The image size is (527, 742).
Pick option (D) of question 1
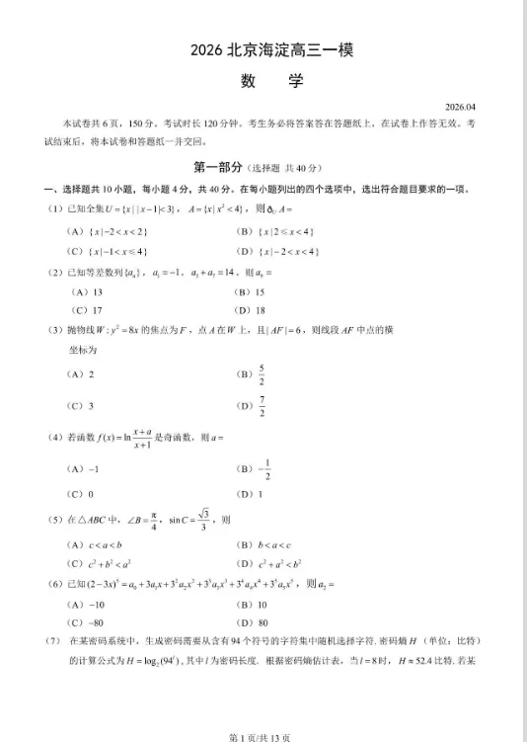277,252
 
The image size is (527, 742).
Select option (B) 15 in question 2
249,292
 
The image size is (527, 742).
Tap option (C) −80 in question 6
86,622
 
